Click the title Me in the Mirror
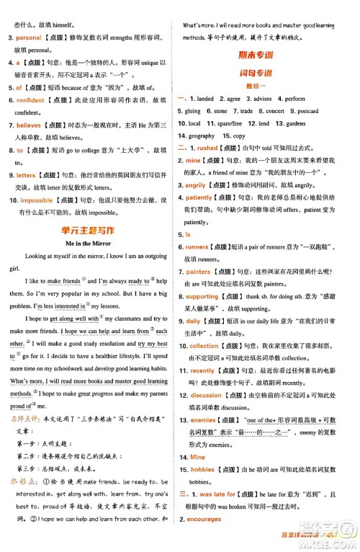90,243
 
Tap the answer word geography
202,135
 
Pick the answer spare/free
230,123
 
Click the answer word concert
274,111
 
